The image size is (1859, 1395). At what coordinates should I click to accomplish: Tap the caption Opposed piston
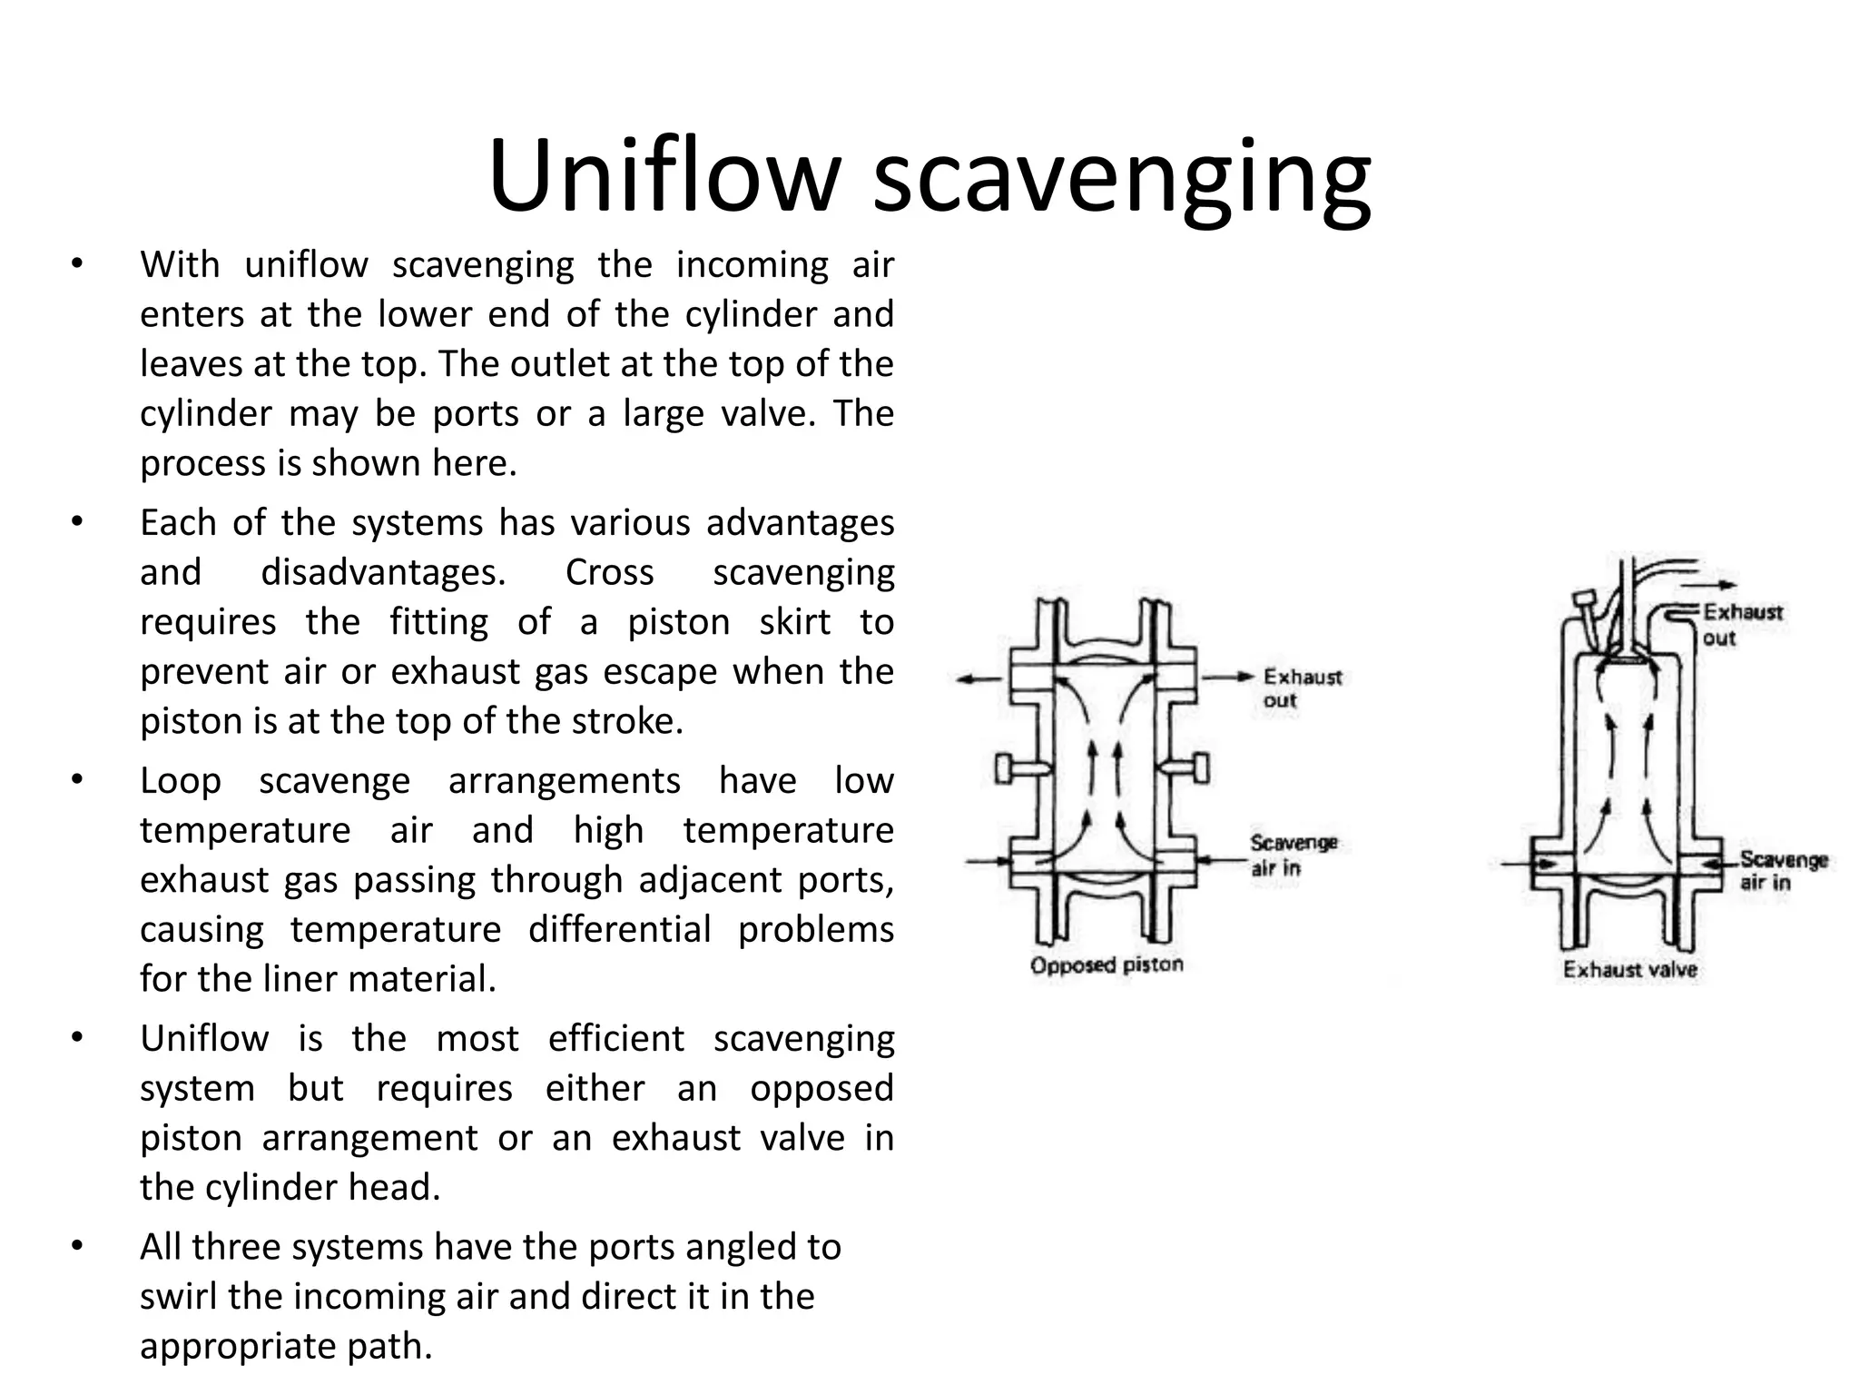click(x=1107, y=965)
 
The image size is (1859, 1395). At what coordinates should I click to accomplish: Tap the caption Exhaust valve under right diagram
click(x=1629, y=969)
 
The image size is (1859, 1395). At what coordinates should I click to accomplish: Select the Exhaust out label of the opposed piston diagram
click(x=1301, y=688)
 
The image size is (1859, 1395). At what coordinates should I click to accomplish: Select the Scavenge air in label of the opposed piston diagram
click(x=1293, y=855)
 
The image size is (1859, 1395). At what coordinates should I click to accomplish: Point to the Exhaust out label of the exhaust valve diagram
click(x=1740, y=624)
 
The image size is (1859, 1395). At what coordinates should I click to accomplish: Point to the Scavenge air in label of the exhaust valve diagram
click(x=1783, y=870)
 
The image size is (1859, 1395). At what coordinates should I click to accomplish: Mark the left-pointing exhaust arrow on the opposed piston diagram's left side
click(x=979, y=678)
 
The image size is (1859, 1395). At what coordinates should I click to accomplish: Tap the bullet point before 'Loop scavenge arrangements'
click(x=77, y=779)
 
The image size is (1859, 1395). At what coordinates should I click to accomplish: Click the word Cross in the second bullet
click(x=609, y=572)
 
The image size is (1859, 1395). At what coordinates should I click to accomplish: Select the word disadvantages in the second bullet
click(x=383, y=572)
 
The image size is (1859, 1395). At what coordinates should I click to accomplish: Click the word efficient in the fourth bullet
click(x=615, y=1038)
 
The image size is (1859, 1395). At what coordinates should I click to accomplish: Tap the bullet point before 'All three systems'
click(x=77, y=1246)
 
